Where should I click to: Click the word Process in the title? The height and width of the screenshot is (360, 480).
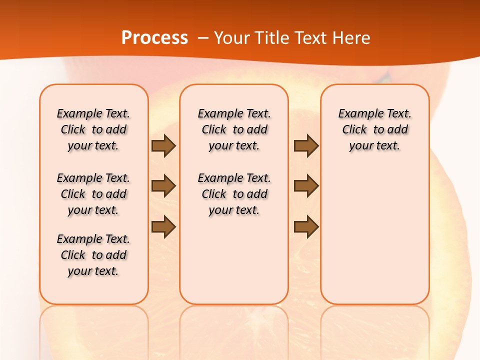(x=154, y=38)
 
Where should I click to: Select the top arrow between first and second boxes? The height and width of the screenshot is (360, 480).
(x=163, y=146)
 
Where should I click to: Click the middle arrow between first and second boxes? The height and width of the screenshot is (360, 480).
(x=163, y=186)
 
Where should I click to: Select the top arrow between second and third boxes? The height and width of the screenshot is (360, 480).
(x=306, y=146)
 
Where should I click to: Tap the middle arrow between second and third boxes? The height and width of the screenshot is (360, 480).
(x=306, y=186)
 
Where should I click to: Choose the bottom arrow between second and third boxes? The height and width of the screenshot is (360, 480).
(x=306, y=226)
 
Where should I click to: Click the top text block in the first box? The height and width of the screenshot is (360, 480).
(x=93, y=129)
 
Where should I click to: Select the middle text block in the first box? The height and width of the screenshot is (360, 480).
(x=93, y=194)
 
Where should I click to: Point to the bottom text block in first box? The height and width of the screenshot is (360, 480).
(x=93, y=255)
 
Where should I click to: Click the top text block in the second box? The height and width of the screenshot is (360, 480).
(x=234, y=129)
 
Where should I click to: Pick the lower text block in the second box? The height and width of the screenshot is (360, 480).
(x=234, y=194)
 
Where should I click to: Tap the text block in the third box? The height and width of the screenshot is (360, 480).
(x=375, y=129)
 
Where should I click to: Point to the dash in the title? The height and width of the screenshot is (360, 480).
(x=202, y=38)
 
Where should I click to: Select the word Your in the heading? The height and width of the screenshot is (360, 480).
(x=232, y=38)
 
